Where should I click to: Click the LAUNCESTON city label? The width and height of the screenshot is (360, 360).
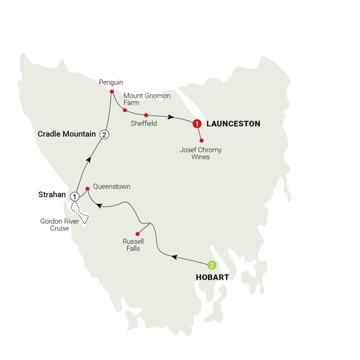click(233, 124)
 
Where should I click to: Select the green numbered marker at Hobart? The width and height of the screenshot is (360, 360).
click(211, 265)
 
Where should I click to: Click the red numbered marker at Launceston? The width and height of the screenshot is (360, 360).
click(196, 124)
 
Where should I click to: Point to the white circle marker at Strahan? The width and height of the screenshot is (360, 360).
click(75, 196)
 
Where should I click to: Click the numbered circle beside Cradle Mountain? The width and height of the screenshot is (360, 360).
click(104, 134)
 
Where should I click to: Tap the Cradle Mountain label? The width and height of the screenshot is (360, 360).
click(67, 134)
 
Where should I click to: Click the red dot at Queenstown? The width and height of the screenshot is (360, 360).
click(88, 188)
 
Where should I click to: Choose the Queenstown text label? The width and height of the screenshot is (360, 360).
click(112, 187)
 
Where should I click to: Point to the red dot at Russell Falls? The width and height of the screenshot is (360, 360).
click(137, 234)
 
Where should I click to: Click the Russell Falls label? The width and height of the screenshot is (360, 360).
click(132, 245)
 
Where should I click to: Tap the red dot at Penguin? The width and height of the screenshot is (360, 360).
click(112, 91)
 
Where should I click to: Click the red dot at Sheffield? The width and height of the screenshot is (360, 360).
click(146, 115)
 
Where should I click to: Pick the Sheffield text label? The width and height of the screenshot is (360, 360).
click(143, 124)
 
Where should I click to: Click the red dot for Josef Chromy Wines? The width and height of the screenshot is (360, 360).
click(202, 140)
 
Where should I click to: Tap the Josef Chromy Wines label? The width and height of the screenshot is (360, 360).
click(200, 154)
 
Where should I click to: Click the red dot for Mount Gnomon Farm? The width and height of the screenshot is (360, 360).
click(124, 110)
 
